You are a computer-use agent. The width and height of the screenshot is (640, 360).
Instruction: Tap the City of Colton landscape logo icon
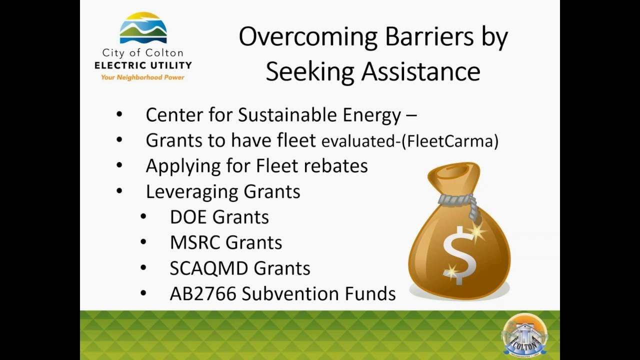coord(143,28)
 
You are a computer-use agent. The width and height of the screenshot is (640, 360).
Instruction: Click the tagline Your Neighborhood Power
coord(142,77)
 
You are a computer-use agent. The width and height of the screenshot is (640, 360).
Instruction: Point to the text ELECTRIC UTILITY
coord(143,65)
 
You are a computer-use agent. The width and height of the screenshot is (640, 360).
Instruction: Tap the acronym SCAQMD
coord(209,268)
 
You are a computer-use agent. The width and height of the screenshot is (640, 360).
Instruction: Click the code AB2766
coord(202,294)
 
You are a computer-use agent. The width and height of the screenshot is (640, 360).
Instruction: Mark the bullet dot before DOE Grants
coord(143,216)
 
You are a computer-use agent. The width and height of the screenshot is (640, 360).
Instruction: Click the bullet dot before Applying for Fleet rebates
coord(119,164)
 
